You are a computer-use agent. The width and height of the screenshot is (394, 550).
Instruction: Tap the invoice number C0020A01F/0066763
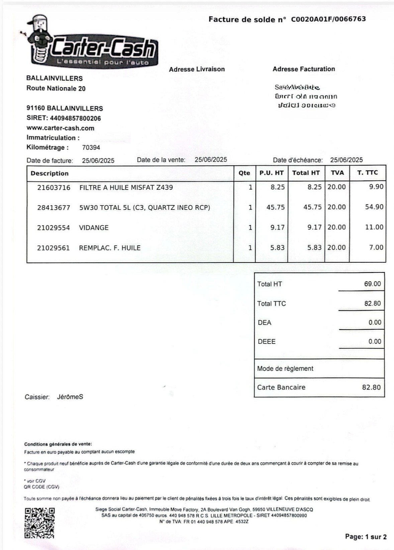[x=328, y=19]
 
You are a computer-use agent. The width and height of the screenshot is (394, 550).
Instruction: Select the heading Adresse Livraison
[x=197, y=69]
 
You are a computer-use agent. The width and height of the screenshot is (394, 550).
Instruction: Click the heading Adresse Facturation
[x=303, y=69]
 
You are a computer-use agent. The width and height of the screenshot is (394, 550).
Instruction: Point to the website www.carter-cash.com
[x=60, y=128]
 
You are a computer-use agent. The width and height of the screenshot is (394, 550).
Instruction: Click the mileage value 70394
[x=91, y=147]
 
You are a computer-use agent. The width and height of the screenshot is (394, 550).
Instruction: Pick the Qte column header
[x=244, y=173]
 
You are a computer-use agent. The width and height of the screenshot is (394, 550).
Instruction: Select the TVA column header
[x=337, y=172]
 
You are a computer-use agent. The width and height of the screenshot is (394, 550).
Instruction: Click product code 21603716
[x=54, y=187]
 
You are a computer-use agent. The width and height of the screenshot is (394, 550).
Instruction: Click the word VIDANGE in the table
[x=94, y=228]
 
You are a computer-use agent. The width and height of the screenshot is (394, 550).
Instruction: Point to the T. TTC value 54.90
[x=374, y=207]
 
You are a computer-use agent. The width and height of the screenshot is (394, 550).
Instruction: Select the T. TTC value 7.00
[x=376, y=247]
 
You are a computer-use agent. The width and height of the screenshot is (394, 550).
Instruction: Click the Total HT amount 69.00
[x=372, y=284]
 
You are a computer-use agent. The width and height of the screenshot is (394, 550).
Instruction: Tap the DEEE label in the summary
[x=267, y=341]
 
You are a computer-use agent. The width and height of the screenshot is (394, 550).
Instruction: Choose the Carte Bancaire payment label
[x=281, y=387]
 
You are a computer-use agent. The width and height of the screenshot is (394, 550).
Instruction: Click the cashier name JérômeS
[x=70, y=397]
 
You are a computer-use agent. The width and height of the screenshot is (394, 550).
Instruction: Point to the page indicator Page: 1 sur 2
[x=366, y=537]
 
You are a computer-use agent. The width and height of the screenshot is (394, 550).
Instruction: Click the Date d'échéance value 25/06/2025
[x=346, y=160]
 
